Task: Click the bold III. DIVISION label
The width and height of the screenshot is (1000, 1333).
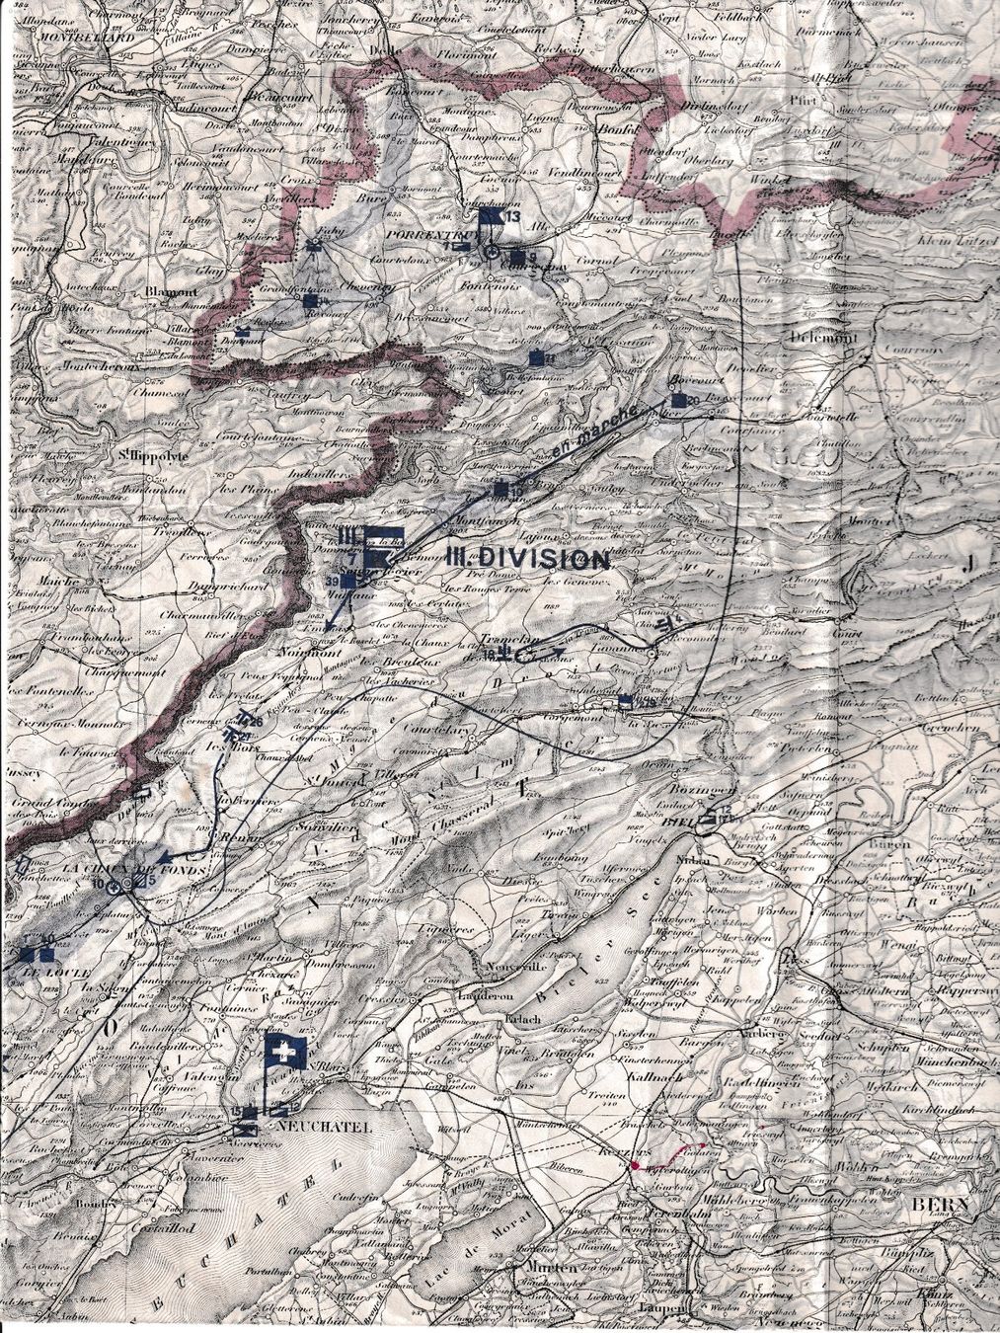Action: point(528,559)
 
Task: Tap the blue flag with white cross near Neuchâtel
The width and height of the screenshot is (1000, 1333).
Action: point(285,1056)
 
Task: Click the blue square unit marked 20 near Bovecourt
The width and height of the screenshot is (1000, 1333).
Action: point(678,400)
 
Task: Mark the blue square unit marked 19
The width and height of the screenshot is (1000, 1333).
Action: point(501,489)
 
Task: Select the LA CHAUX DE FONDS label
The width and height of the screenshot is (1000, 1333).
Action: point(110,868)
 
